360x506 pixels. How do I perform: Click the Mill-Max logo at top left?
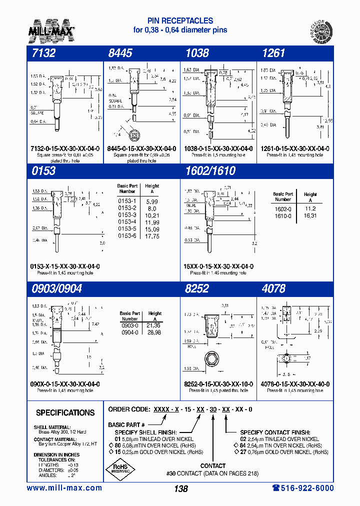click(x=51, y=29)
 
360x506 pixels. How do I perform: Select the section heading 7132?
click(x=42, y=53)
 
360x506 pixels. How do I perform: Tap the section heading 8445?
click(x=120, y=53)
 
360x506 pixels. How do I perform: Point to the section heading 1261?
click(x=273, y=53)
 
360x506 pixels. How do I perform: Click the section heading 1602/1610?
click(x=210, y=171)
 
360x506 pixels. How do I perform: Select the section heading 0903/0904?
click(x=56, y=288)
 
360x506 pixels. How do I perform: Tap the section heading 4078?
click(x=273, y=288)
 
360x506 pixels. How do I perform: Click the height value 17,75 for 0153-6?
click(x=152, y=236)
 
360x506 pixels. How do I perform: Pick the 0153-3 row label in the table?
click(x=127, y=214)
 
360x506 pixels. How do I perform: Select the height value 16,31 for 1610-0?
click(x=310, y=215)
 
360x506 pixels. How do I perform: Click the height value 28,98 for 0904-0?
click(x=154, y=332)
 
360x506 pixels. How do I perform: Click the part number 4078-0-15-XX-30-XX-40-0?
click(x=295, y=384)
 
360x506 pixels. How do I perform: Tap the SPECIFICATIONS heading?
click(x=65, y=413)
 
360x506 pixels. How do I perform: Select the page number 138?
click(x=180, y=488)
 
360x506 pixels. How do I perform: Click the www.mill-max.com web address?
click(x=64, y=488)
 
